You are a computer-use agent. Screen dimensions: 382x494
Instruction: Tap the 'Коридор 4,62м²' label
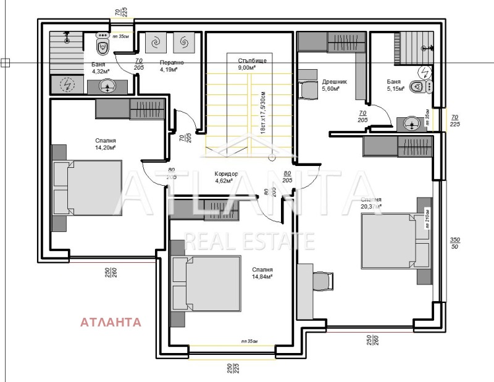(x=225, y=177)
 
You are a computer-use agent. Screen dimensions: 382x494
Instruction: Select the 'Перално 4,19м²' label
(x=169, y=66)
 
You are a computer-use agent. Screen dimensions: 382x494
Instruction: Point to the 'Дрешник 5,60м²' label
(x=334, y=85)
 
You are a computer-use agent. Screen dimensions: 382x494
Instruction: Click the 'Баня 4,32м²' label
(x=98, y=68)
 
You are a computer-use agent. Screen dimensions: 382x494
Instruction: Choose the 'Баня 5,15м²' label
(x=396, y=85)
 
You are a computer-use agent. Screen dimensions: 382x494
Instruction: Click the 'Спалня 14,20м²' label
(x=106, y=144)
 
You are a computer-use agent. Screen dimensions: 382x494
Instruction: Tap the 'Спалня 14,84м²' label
(x=262, y=273)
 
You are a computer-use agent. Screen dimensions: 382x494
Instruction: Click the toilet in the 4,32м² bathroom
(x=103, y=44)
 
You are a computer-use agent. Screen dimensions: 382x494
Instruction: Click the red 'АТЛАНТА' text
(x=111, y=322)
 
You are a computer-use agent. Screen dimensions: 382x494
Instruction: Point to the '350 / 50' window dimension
(x=455, y=243)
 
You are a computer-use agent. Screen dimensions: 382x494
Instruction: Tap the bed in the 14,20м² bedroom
(x=86, y=188)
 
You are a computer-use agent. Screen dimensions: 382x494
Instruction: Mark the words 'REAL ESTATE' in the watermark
(x=250, y=241)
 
